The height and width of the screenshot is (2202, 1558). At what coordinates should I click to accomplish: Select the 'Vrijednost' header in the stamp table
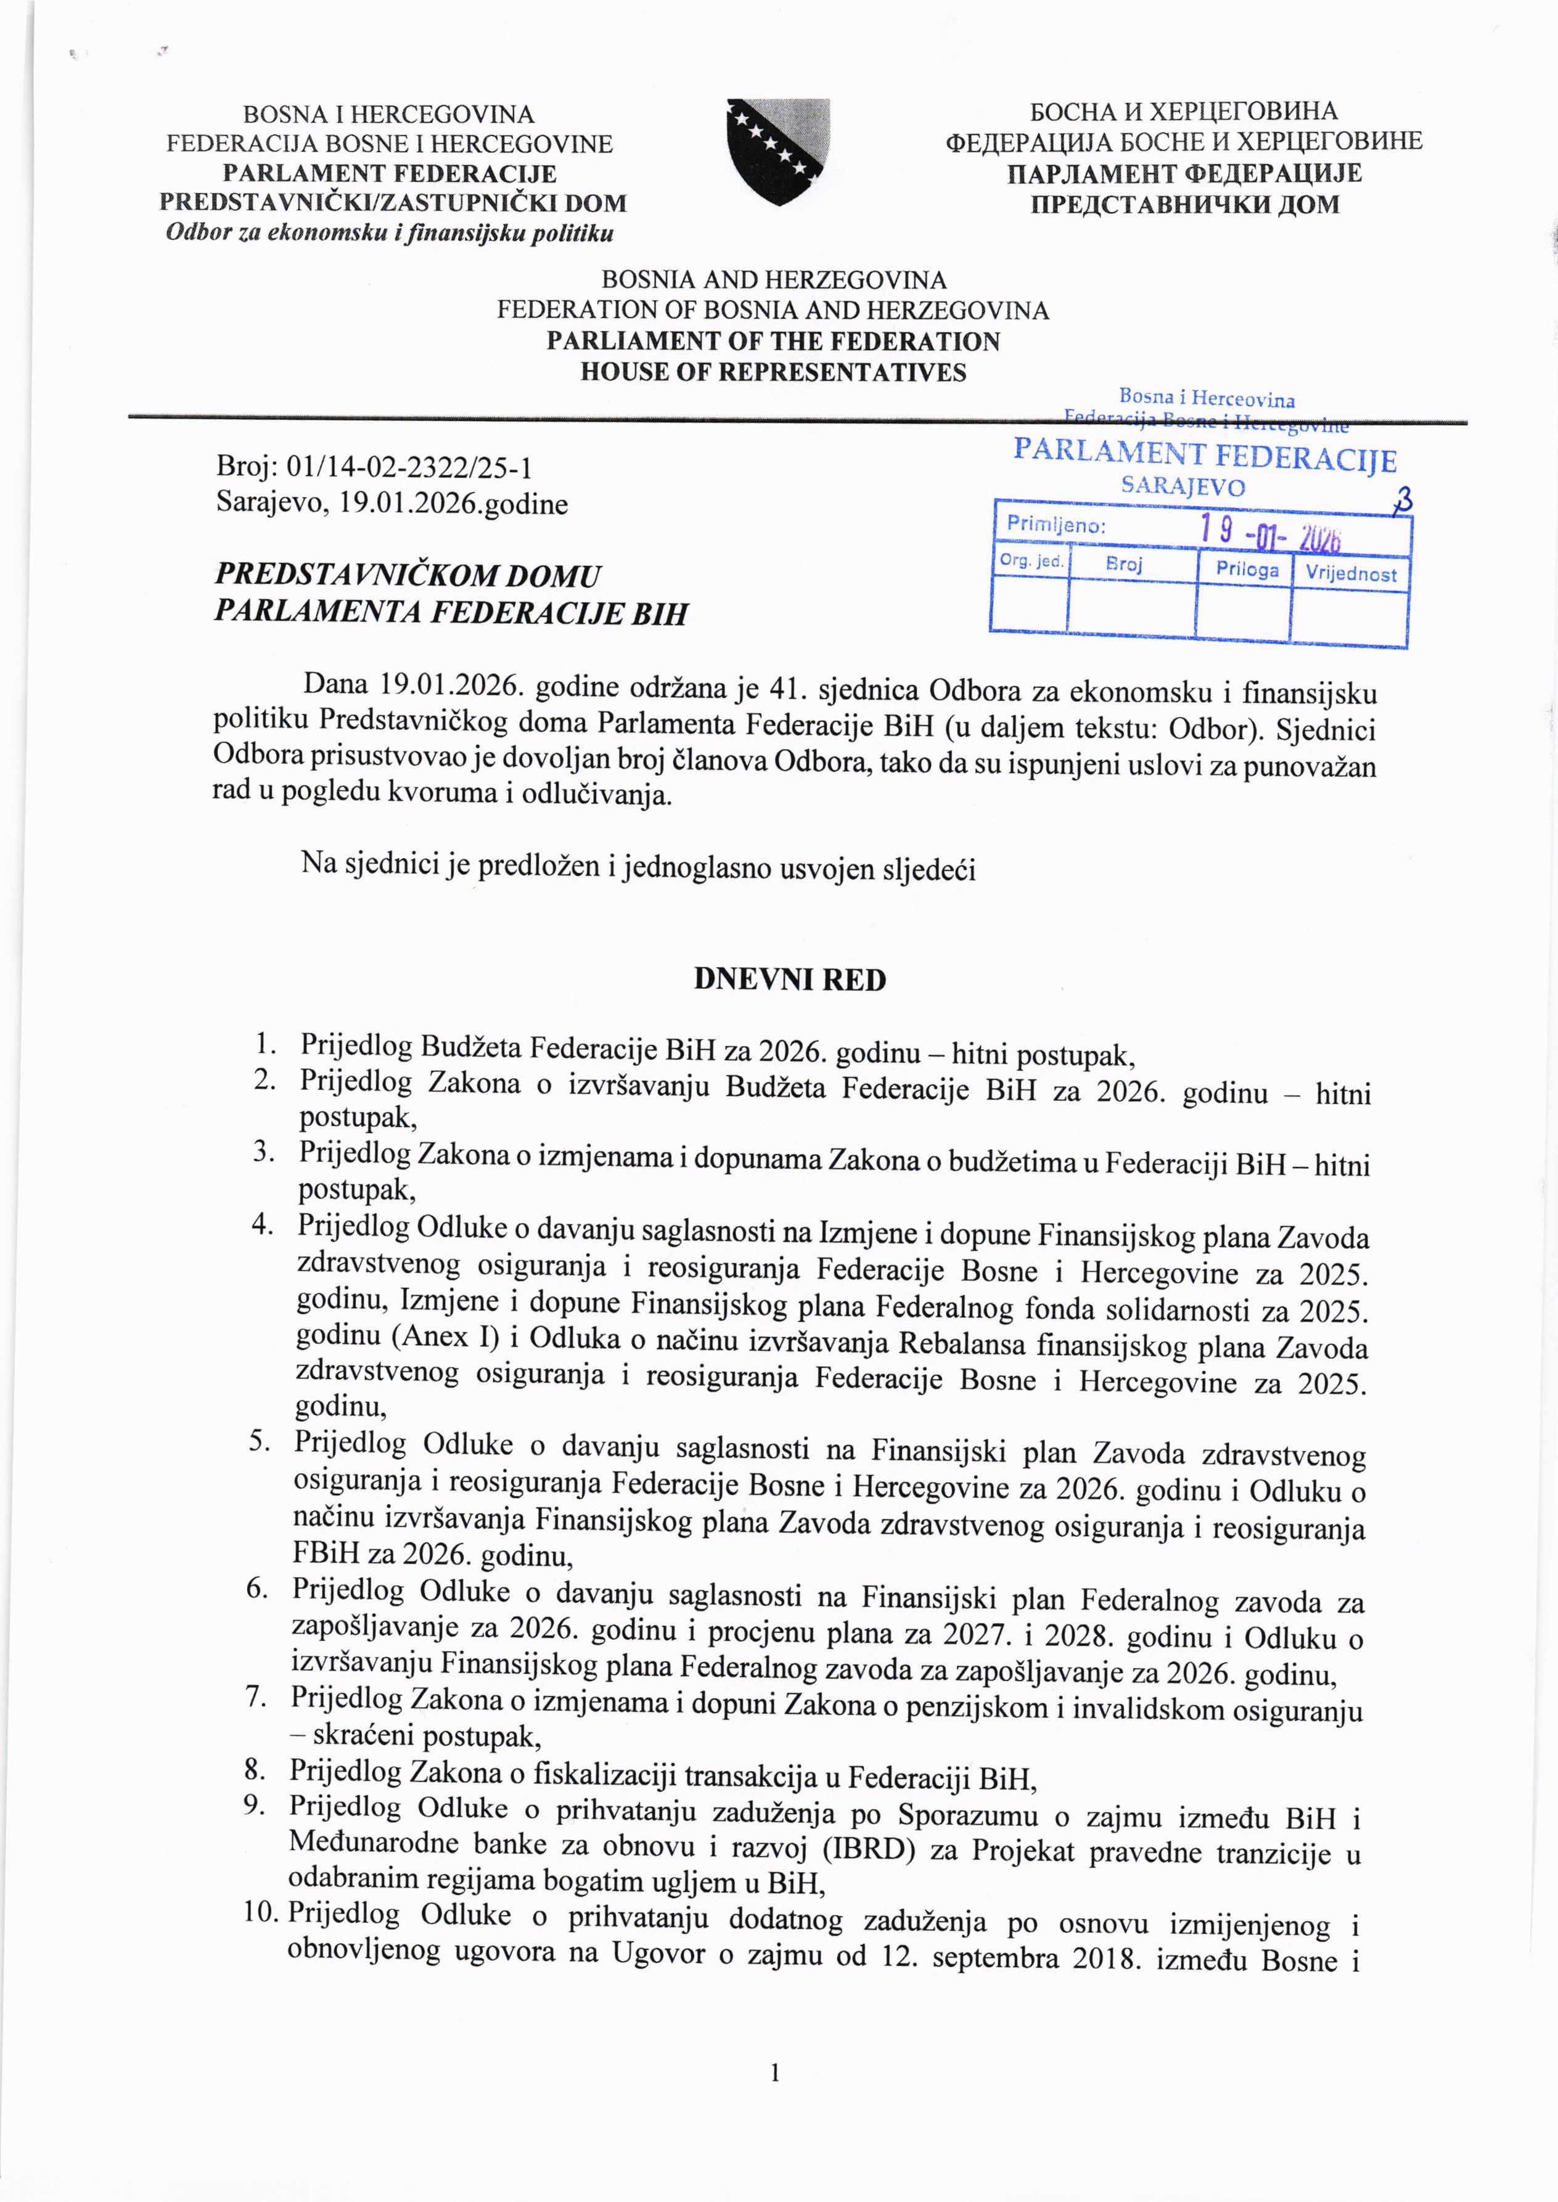point(1351,573)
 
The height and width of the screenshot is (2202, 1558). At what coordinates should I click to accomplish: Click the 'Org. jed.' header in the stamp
point(1030,561)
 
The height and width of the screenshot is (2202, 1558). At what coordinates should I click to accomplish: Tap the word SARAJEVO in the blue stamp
point(1183,486)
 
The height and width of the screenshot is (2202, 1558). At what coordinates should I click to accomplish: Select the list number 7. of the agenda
point(255,1697)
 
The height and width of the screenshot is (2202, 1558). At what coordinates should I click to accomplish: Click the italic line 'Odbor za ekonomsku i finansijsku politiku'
point(390,233)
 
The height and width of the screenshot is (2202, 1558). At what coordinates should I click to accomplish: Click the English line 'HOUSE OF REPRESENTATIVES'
point(773,372)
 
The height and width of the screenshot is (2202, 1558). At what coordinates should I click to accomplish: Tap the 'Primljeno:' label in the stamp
point(1056,526)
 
